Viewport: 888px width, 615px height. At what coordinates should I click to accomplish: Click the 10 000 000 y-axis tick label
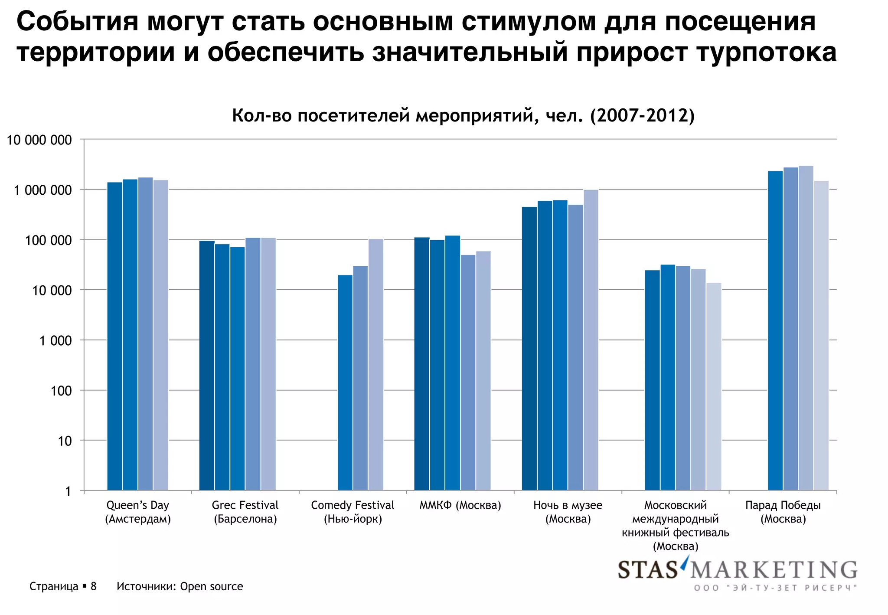pyautogui.click(x=39, y=140)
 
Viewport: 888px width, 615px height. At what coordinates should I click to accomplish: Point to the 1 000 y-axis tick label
pyautogui.click(x=55, y=341)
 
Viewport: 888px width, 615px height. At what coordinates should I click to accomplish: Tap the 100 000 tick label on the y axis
pyautogui.click(x=48, y=240)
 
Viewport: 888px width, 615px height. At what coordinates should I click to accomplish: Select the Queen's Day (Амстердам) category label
pyautogui.click(x=138, y=512)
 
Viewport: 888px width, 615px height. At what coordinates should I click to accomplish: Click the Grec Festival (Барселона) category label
pyautogui.click(x=245, y=512)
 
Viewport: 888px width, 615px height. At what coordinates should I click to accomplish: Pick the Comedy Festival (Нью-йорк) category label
pyautogui.click(x=353, y=512)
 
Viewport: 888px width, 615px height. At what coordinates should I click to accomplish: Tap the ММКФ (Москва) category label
pyautogui.click(x=460, y=505)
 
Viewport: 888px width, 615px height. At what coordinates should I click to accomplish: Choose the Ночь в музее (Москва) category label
pyautogui.click(x=568, y=512)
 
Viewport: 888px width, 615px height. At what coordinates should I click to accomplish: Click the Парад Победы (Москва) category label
pyautogui.click(x=783, y=512)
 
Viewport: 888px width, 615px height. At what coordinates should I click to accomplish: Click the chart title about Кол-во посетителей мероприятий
pyautogui.click(x=463, y=116)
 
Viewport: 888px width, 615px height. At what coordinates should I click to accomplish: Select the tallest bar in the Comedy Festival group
pyautogui.click(x=375, y=364)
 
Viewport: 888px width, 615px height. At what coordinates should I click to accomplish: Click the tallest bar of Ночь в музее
pyautogui.click(x=591, y=340)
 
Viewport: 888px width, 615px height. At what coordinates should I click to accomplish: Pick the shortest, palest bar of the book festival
pyautogui.click(x=714, y=386)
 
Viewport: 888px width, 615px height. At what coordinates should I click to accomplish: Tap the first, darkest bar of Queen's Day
pyautogui.click(x=114, y=336)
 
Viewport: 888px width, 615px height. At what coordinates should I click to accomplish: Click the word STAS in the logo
pyautogui.click(x=647, y=570)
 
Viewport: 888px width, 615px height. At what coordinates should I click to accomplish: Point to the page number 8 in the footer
pyautogui.click(x=93, y=587)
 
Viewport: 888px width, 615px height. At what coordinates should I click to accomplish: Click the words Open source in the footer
pyautogui.click(x=211, y=587)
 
